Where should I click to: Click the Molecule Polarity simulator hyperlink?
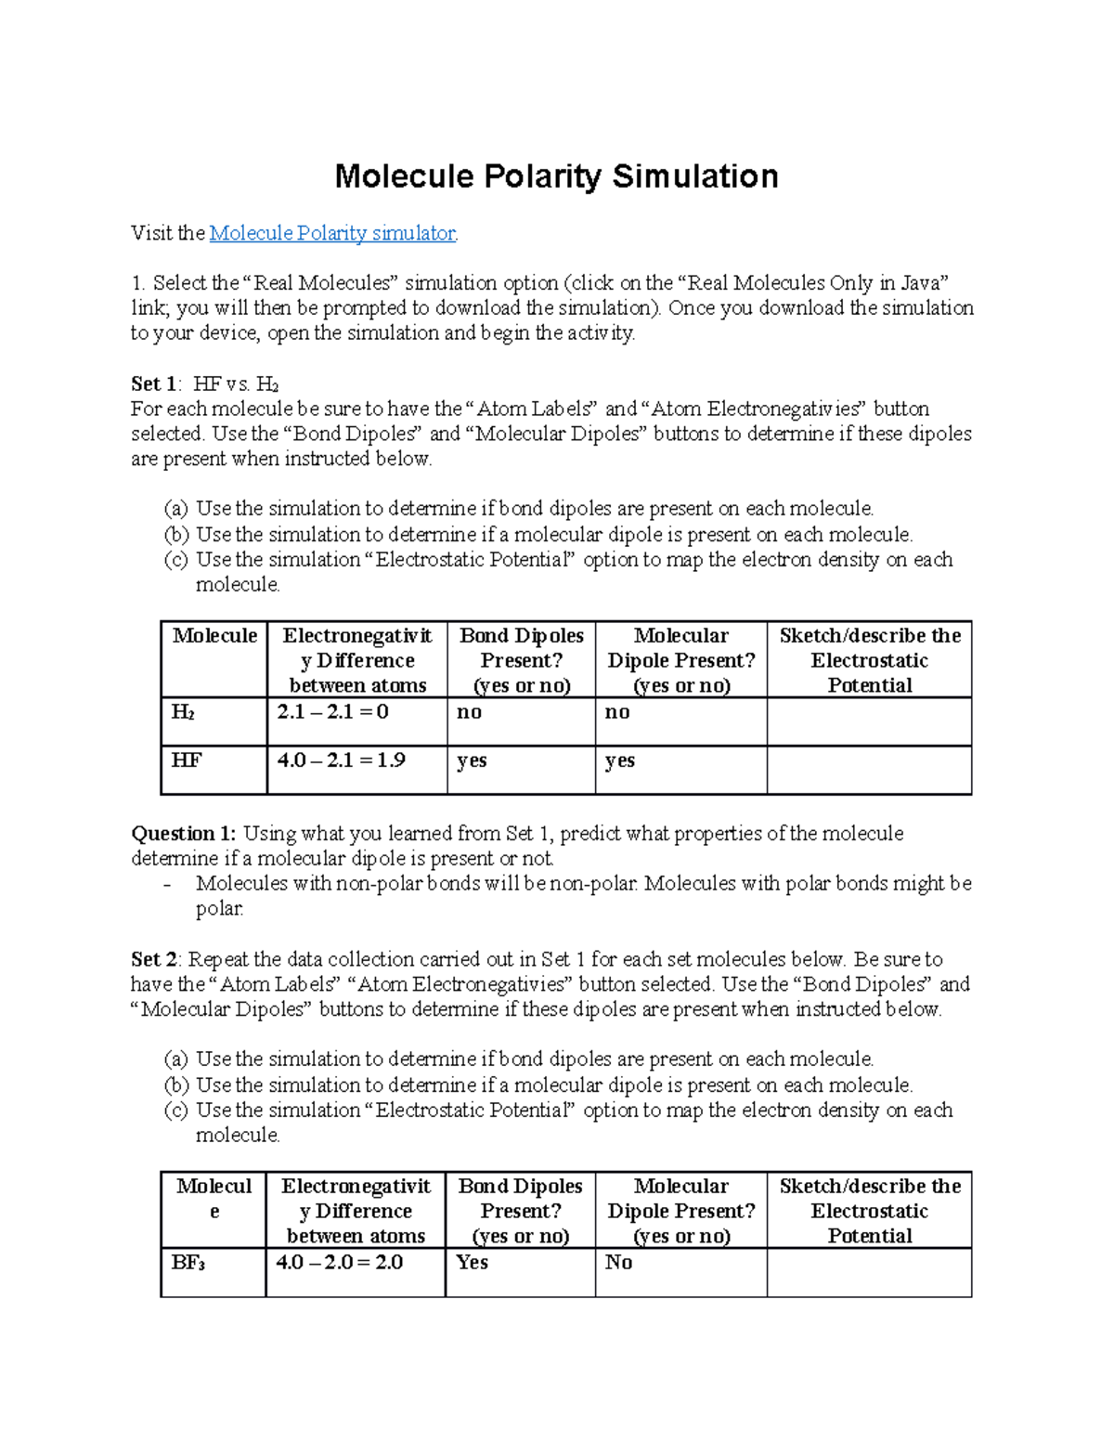click(x=332, y=233)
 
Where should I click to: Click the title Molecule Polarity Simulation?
click(x=556, y=176)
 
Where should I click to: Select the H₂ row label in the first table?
click(x=183, y=712)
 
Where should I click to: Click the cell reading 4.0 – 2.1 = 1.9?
click(x=341, y=760)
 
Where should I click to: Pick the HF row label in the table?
click(x=186, y=760)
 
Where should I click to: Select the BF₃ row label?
click(x=188, y=1263)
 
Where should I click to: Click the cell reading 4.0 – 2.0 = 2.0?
click(x=339, y=1263)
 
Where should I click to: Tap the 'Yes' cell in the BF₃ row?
click(x=472, y=1263)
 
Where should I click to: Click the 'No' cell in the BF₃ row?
click(x=618, y=1263)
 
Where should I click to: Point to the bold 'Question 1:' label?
click(x=184, y=834)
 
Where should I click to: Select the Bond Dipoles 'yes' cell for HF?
click(x=472, y=761)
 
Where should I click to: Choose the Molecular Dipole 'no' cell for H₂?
click(x=617, y=712)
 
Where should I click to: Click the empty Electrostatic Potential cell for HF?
click(x=869, y=770)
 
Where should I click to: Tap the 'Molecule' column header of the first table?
click(x=214, y=636)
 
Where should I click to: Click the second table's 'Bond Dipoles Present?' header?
click(x=520, y=1211)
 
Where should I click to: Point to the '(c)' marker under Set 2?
click(x=175, y=1111)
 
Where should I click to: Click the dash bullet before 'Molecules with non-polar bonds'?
click(x=167, y=885)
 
